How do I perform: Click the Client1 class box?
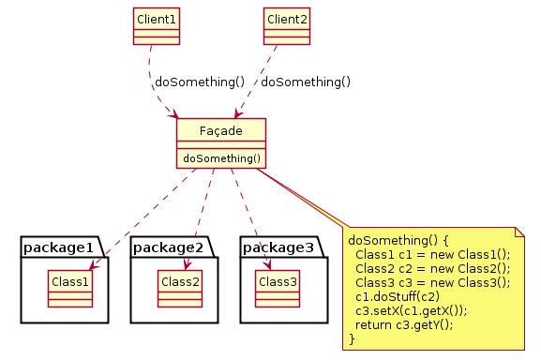point(156,27)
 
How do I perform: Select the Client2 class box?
point(287,27)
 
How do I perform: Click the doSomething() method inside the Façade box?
point(221,158)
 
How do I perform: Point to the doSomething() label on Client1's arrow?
point(200,82)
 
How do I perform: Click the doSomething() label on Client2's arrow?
point(306,82)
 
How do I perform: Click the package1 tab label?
point(58,247)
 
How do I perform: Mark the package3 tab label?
point(279,247)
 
